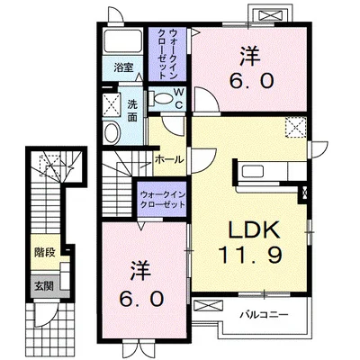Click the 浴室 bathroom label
[x=123, y=67]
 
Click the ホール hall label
[x=169, y=159]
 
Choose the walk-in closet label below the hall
[x=163, y=200]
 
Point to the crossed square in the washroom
[x=112, y=101]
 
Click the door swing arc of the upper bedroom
[x=207, y=106]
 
